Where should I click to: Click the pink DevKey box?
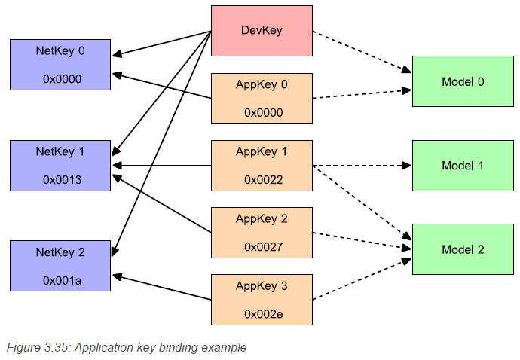262,30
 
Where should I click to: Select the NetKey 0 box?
60,65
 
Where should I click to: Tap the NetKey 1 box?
60,166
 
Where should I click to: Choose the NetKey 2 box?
60,266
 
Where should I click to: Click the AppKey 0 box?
262,98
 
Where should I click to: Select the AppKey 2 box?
262,233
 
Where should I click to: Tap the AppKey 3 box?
262,300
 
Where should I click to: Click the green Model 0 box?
463,81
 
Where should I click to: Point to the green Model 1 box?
463,166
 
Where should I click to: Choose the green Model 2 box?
463,249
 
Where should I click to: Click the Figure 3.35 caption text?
127,347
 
